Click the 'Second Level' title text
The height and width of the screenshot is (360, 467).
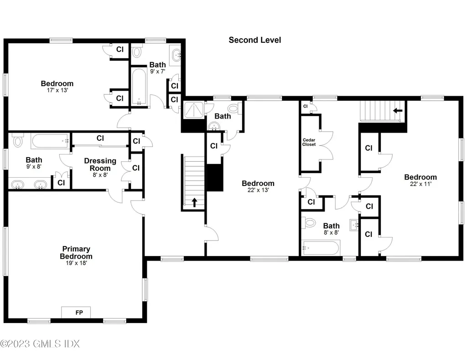(254, 40)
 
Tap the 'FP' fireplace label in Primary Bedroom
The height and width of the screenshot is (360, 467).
(76, 313)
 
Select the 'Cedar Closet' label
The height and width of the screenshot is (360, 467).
(309, 142)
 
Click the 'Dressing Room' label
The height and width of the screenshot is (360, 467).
(100, 165)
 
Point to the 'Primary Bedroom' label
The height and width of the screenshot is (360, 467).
(76, 252)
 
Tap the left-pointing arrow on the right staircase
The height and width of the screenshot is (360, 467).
(398, 110)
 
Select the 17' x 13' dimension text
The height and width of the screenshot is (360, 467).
(57, 91)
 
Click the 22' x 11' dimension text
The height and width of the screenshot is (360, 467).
(420, 185)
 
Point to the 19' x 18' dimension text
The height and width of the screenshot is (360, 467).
(76, 263)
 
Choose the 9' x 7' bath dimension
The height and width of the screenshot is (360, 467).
(157, 72)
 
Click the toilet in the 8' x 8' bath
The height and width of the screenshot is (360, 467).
(310, 224)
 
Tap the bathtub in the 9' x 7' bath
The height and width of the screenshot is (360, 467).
(139, 86)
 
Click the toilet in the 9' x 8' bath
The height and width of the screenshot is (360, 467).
(18, 141)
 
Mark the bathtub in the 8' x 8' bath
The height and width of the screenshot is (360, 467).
(321, 249)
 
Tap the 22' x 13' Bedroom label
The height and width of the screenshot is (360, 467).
(258, 183)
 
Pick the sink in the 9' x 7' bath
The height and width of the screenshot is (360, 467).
(176, 54)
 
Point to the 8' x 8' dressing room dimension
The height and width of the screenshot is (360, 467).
(100, 175)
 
